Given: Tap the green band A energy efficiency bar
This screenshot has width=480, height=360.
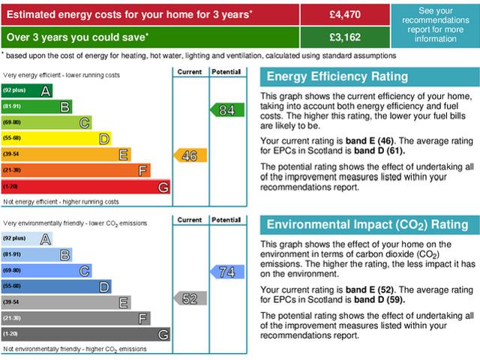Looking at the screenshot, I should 27,91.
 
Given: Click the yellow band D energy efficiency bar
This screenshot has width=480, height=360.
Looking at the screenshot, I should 56,139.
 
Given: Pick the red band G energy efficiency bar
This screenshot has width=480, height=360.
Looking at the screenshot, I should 85,186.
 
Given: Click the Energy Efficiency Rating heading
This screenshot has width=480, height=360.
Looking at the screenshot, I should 337,76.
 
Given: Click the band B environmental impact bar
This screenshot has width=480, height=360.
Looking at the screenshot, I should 37,254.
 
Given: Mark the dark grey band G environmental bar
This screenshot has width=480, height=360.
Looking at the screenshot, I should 85,334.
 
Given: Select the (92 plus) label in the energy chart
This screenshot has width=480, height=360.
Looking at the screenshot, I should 14,91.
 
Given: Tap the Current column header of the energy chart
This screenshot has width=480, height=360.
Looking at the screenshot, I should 190,72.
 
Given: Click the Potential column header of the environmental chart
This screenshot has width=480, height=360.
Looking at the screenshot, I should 226,220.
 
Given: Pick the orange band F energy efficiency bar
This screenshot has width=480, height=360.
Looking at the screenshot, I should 76,170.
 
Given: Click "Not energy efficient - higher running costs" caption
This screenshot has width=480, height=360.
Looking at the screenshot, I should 61,202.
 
